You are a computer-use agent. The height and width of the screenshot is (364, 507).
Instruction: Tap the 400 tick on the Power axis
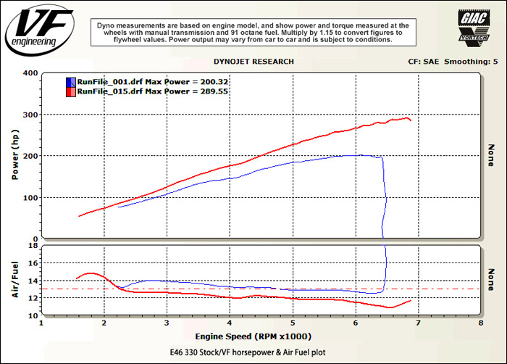(x=29, y=73)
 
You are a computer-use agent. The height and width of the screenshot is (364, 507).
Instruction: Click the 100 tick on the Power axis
(x=29, y=197)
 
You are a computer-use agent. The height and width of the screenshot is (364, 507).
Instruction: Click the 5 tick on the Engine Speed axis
(x=293, y=323)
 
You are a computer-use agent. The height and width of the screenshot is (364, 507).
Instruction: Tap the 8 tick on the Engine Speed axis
(x=481, y=323)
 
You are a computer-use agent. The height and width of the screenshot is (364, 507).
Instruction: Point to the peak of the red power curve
(x=407, y=117)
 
